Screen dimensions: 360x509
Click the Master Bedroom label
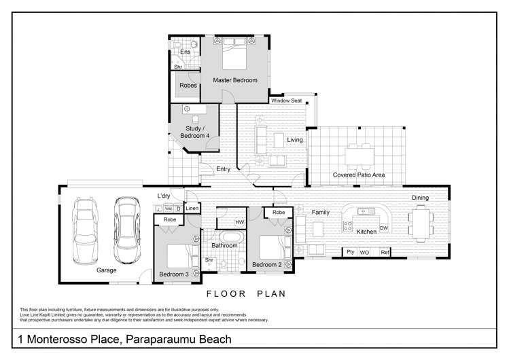coord(235,80)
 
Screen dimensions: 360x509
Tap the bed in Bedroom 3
coord(178,255)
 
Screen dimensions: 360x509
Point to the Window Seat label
coord(286,101)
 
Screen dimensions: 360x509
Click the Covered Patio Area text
coord(359,175)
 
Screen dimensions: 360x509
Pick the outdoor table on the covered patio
coord(358,156)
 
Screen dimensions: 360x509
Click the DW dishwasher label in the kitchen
coord(383,228)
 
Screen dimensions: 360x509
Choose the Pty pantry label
coord(350,253)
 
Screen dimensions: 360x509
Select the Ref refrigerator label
coord(384,253)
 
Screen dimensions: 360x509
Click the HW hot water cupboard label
coord(239,222)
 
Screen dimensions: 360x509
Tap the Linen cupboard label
coord(192,209)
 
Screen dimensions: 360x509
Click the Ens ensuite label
coord(185,52)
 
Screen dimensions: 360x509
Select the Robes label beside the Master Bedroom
coord(188,86)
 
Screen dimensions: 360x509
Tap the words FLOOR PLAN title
coord(245,294)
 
